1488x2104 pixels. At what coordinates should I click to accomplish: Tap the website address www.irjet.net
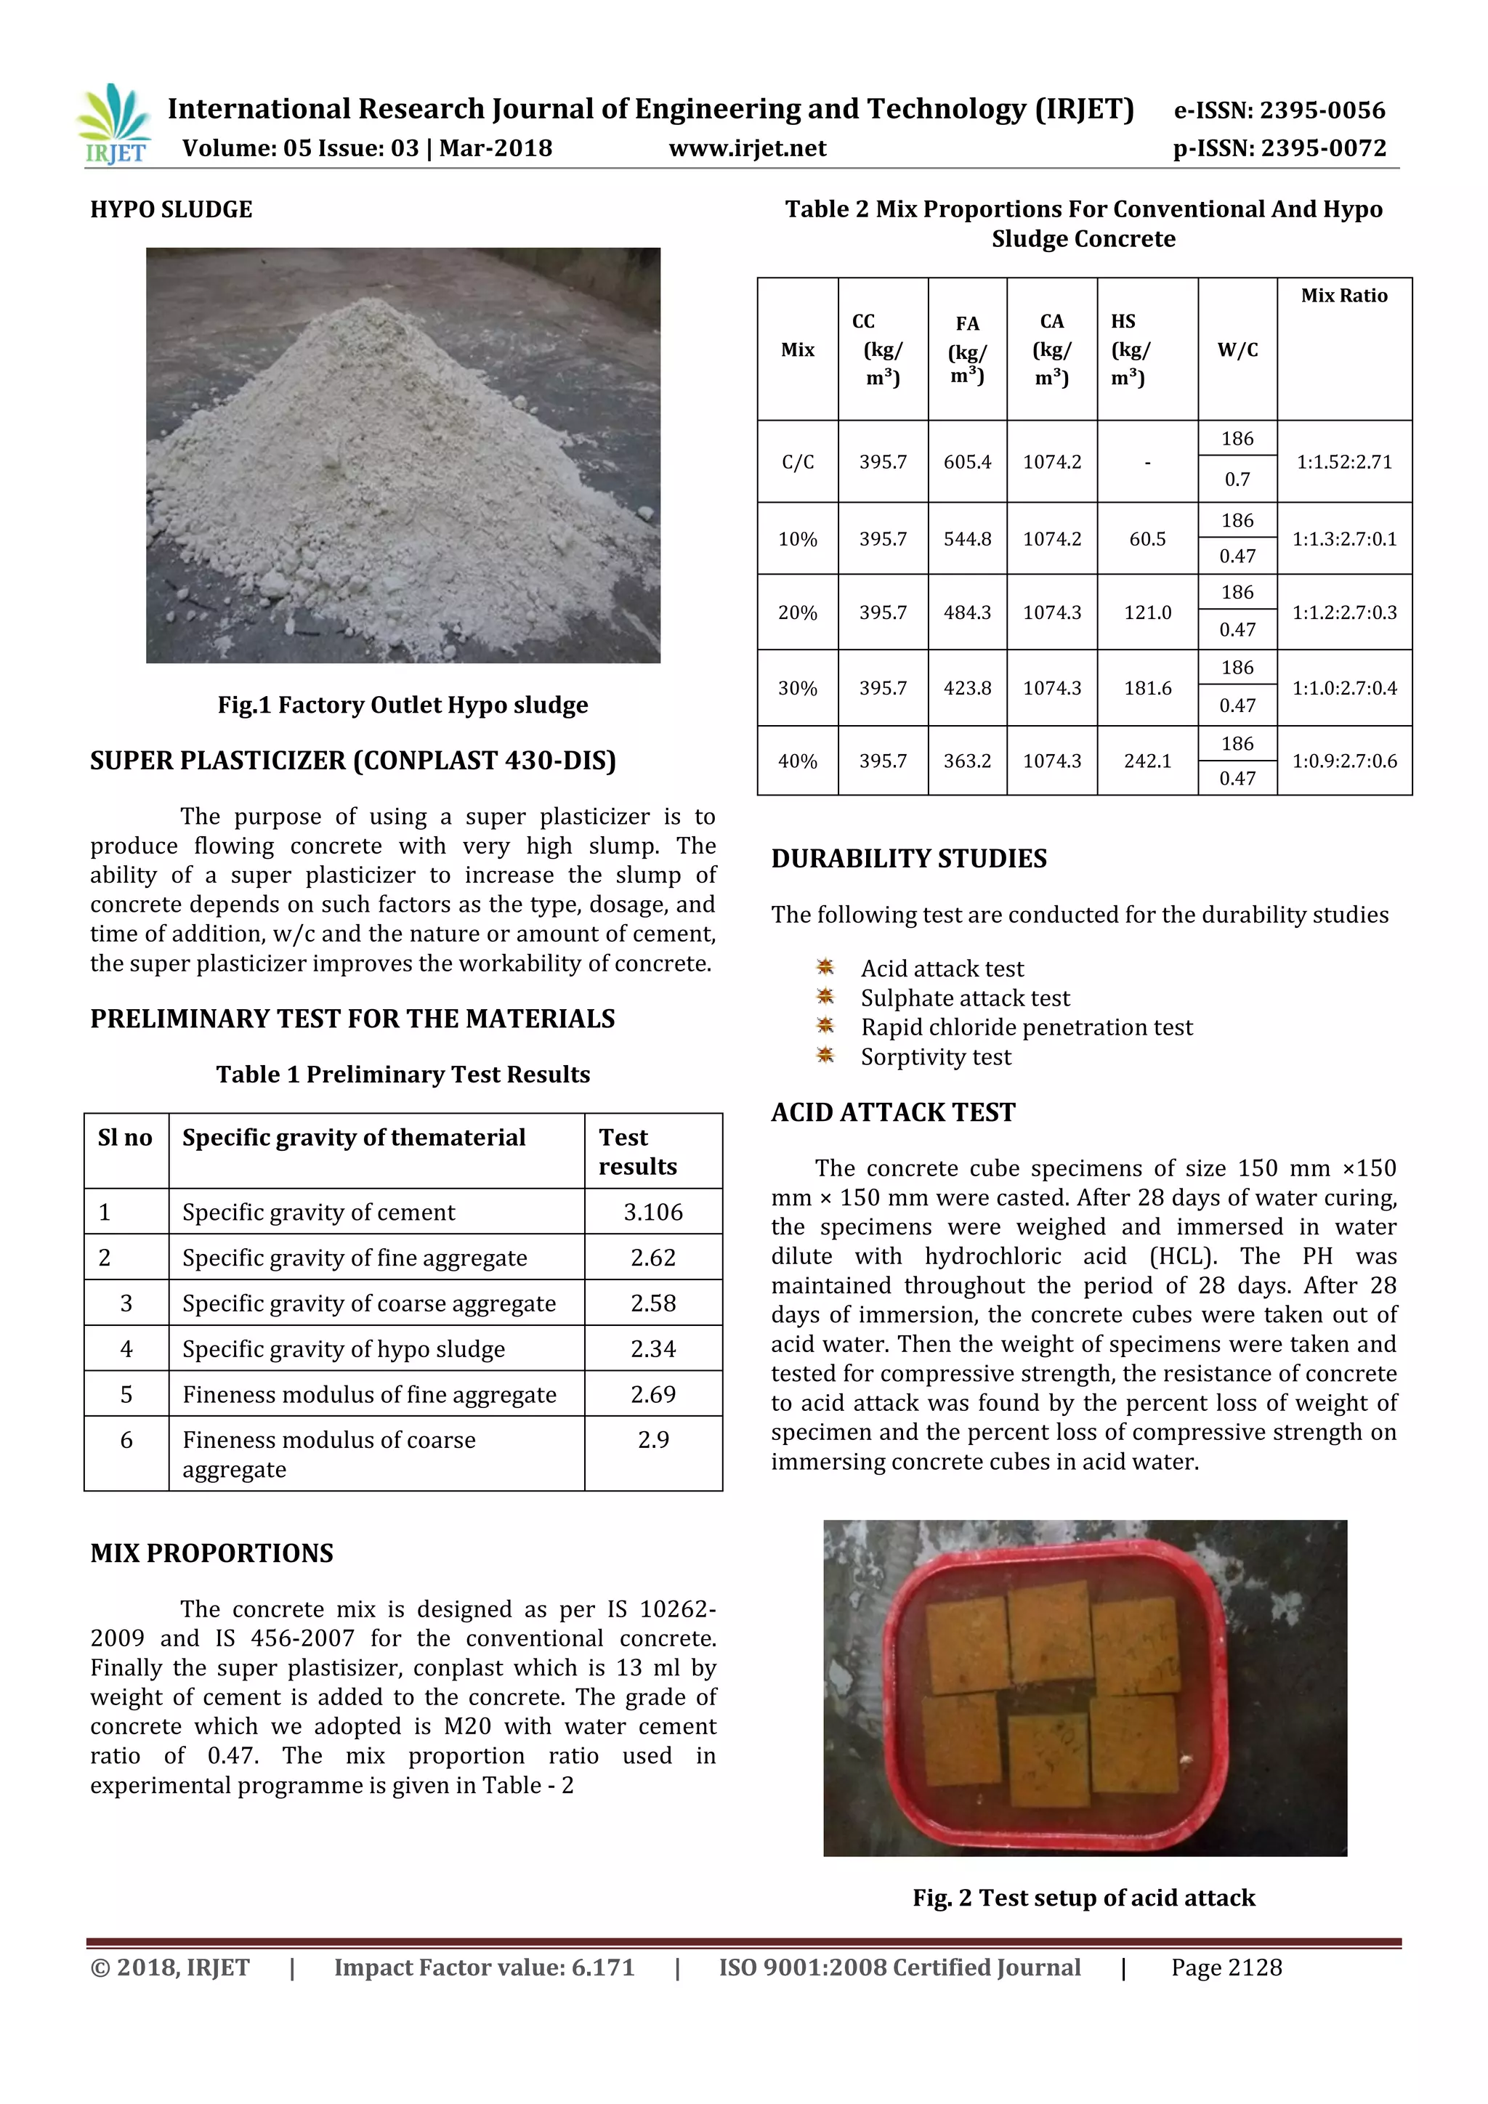click(x=747, y=148)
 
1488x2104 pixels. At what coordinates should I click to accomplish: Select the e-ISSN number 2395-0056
click(x=1279, y=111)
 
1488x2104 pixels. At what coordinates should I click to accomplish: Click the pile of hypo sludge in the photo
click(x=385, y=467)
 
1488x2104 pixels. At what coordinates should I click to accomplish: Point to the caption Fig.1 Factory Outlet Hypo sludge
click(x=403, y=705)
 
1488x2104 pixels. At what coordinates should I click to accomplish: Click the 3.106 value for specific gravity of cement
click(x=653, y=1213)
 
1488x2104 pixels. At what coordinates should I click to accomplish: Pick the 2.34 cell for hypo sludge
click(x=653, y=1349)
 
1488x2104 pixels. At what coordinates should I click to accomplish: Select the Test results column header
click(x=638, y=1152)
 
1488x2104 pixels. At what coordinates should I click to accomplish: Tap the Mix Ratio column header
click(x=1343, y=296)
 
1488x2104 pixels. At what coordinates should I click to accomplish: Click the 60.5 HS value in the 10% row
click(x=1147, y=539)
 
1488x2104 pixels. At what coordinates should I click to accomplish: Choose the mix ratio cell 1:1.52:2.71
click(x=1343, y=462)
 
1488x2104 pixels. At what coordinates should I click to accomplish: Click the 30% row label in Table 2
click(x=797, y=688)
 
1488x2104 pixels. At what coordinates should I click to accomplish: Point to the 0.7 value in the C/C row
click(x=1237, y=480)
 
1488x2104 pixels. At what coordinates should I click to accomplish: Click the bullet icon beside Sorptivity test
click(x=825, y=1056)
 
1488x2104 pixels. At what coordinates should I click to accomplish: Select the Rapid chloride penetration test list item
click(x=1026, y=1027)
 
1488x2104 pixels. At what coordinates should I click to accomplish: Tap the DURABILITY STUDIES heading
click(x=908, y=859)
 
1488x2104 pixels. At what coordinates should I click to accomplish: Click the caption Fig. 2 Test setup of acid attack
click(x=1083, y=1898)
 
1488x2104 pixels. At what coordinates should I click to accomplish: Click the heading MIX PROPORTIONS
click(x=211, y=1553)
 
